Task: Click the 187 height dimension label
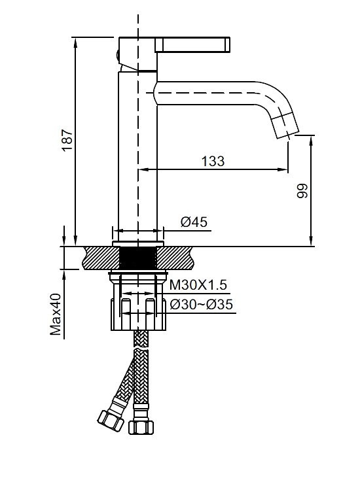click(x=67, y=140)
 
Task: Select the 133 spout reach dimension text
click(x=213, y=161)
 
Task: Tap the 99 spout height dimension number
click(x=302, y=191)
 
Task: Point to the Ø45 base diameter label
click(x=194, y=222)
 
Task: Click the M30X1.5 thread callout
click(x=198, y=285)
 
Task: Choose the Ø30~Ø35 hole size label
click(x=202, y=304)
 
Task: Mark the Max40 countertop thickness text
click(x=56, y=315)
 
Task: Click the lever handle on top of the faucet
click(x=192, y=44)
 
